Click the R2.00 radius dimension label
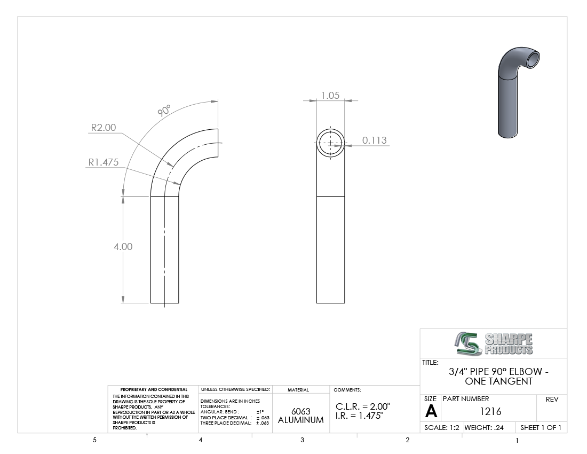(x=104, y=128)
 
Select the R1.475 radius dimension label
(x=104, y=162)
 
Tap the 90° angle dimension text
(x=164, y=111)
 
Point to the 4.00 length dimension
(x=123, y=246)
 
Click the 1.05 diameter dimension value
(x=330, y=96)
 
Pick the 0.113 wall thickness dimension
(x=375, y=140)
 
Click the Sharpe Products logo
(x=494, y=343)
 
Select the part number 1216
(x=490, y=412)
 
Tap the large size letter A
(x=431, y=412)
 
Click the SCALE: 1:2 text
(x=442, y=428)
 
